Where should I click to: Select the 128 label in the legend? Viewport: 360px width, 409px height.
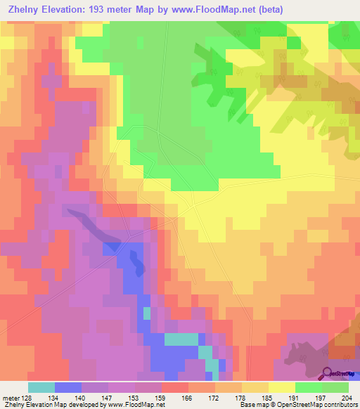pos(26,398)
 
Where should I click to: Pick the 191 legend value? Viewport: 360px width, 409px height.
pos(291,398)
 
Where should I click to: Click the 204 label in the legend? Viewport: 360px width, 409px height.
pos(345,398)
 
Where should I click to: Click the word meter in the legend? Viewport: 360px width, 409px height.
pos(10,398)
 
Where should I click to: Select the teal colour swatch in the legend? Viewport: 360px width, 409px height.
pos(41,387)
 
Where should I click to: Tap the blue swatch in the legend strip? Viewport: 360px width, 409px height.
pos(68,387)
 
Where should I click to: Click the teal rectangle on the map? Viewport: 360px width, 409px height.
pos(181,339)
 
